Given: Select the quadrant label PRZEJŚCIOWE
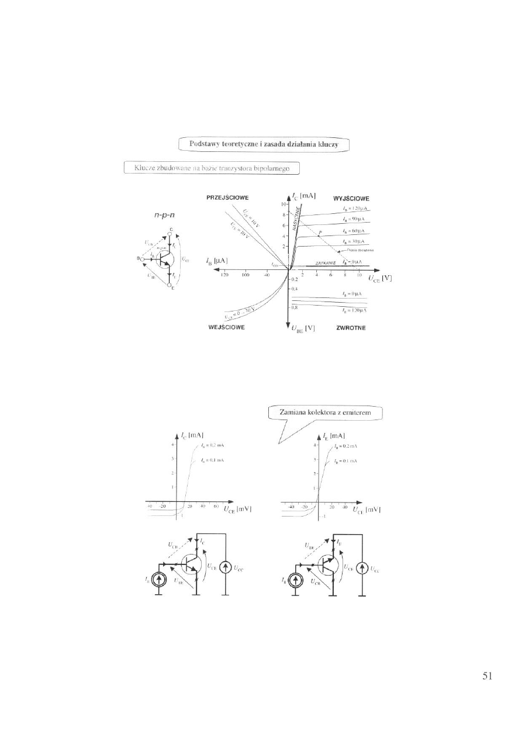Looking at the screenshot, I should click(x=227, y=198).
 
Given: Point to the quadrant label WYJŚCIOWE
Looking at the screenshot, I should click(x=351, y=198).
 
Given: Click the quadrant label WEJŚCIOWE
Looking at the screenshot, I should click(x=227, y=328).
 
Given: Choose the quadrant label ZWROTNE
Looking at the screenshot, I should click(x=351, y=328).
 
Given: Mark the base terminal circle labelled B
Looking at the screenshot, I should click(x=142, y=258).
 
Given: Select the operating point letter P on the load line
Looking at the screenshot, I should click(x=320, y=232).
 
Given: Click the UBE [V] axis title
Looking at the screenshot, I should click(x=303, y=328).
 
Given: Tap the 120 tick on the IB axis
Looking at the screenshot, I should click(x=224, y=274).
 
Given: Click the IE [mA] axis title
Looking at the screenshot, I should click(x=334, y=436).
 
